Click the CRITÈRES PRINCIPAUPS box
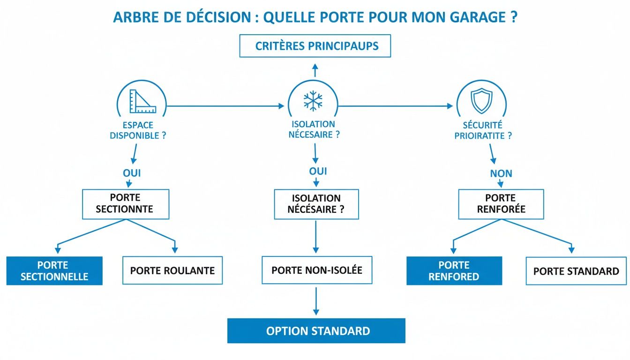coord(315,46)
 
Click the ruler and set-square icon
coord(142,101)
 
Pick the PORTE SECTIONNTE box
coord(125,204)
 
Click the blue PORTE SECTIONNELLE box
coord(54,270)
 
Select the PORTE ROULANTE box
coord(172,270)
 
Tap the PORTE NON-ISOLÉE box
coord(316,270)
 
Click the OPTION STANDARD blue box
coord(316,331)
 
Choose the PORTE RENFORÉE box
coord(501,204)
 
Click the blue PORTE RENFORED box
coord(454,270)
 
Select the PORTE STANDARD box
coord(576,271)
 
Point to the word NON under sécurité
coord(501,173)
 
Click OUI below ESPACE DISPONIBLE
coord(132,173)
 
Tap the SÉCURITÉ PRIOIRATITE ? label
coord(483,131)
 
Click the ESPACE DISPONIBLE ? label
coord(138,131)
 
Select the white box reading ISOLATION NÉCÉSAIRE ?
coord(316,204)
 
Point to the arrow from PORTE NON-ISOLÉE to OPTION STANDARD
coord(316,300)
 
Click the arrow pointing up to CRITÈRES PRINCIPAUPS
coord(315,70)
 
